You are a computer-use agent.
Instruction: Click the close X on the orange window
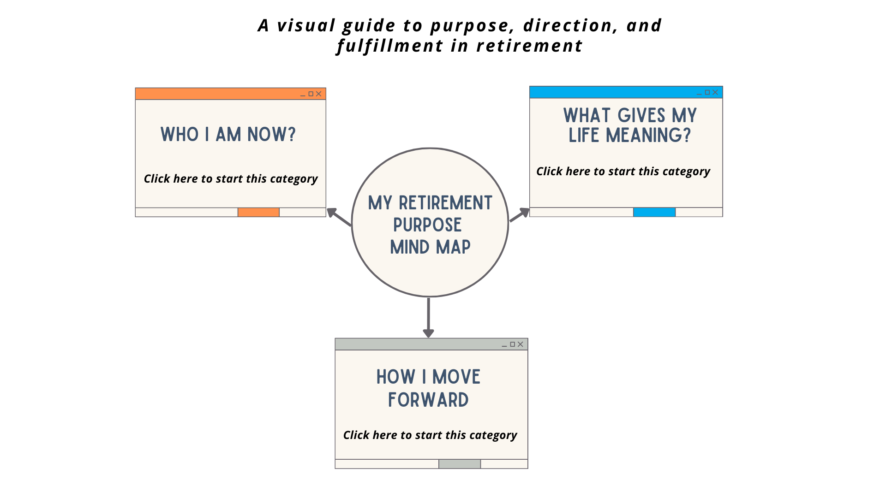318,94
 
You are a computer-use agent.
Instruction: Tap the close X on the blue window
715,92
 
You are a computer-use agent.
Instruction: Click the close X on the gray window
521,344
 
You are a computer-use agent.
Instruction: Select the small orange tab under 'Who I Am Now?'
258,212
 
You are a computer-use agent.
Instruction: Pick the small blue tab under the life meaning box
654,212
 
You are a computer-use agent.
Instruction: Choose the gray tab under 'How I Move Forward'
459,464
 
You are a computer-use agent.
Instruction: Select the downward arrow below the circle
428,318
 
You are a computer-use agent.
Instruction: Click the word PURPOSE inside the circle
427,225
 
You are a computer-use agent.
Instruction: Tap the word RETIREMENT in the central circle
445,203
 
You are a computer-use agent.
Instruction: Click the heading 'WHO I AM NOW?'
228,135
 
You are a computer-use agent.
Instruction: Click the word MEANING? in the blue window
648,136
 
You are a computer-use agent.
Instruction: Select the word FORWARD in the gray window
428,400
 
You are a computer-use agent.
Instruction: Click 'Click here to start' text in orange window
231,179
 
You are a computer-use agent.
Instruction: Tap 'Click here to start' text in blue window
623,172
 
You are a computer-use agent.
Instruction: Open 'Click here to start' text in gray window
430,435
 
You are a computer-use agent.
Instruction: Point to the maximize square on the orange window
311,94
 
